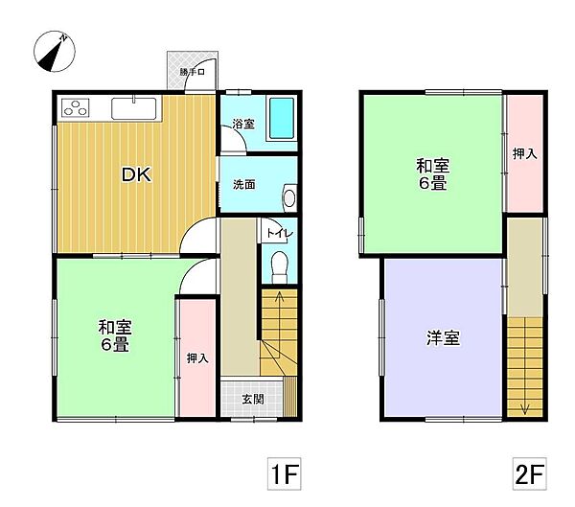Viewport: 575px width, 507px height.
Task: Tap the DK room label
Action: coord(133,174)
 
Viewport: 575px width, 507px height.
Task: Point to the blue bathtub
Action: coord(281,119)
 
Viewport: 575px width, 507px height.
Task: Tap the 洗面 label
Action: coord(243,185)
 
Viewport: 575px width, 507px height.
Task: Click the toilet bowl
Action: coord(279,263)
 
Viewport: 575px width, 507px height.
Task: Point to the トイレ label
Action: coord(277,232)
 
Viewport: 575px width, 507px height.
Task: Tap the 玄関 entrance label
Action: coord(252,400)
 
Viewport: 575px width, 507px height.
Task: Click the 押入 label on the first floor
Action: coord(195,357)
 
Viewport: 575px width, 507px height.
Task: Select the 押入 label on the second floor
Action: coord(523,153)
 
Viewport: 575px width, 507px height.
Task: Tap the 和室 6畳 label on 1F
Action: coord(114,335)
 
